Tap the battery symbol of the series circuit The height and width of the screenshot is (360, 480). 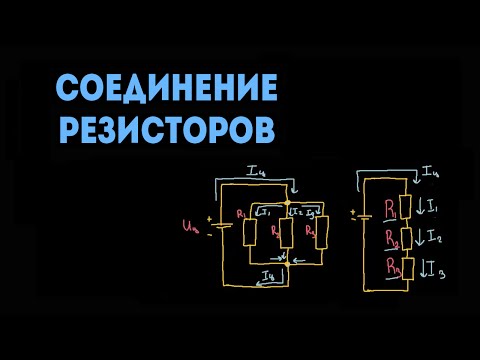click(x=361, y=215)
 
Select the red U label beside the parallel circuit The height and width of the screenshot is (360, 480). click(x=192, y=229)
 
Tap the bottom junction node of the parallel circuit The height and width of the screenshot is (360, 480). click(x=286, y=264)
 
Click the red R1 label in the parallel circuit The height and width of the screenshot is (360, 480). click(x=241, y=213)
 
